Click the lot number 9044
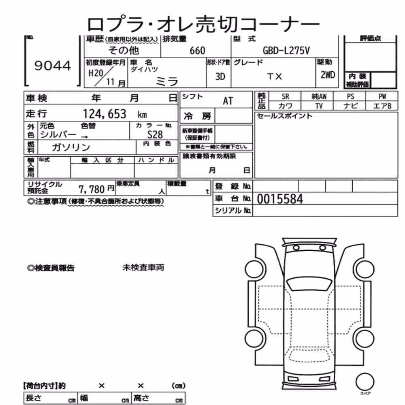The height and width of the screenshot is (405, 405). click(53, 66)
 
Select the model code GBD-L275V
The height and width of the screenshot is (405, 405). click(286, 51)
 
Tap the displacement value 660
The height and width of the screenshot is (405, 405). click(197, 51)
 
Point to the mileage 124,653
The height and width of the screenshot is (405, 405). click(104, 114)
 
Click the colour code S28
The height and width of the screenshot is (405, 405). click(155, 134)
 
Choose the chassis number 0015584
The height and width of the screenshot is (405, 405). click(280, 199)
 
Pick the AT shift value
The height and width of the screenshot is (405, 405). click(228, 101)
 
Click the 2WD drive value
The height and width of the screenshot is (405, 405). click(328, 75)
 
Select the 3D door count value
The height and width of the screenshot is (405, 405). click(220, 77)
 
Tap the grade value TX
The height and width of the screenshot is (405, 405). click(275, 77)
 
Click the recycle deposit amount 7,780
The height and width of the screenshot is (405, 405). click(92, 189)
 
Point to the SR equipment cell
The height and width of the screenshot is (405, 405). click(285, 96)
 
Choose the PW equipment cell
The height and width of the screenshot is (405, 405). click(382, 96)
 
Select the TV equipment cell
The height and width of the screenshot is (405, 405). click(319, 106)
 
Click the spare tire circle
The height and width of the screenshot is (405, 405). click(365, 382)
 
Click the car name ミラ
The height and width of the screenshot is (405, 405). click(167, 82)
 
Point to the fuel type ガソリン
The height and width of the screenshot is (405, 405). click(71, 147)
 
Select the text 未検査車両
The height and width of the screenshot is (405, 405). click(143, 267)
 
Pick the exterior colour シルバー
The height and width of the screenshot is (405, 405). click(58, 134)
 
